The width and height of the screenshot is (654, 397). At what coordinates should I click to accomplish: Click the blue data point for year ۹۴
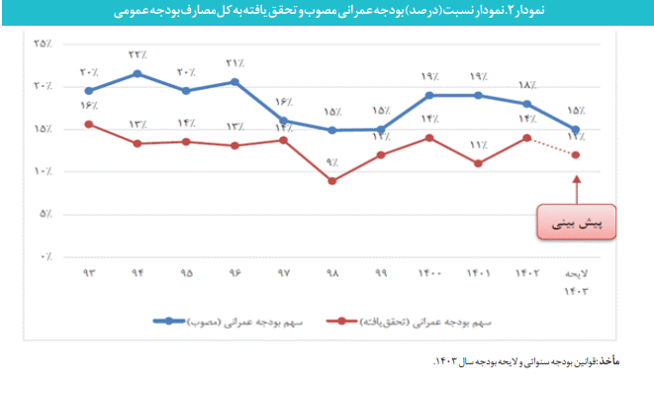pos(138,73)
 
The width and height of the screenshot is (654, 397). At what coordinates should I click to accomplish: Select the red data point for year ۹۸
pos(332,181)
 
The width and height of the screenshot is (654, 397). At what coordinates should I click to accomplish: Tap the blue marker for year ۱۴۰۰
pos(429,95)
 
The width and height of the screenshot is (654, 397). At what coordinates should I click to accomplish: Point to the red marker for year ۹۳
pos(89,124)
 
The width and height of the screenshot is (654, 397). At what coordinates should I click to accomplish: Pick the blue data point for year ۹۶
pos(234,81)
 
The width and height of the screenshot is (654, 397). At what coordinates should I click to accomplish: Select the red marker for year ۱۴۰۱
pos(478,163)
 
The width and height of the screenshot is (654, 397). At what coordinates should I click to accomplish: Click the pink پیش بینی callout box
pos(576,223)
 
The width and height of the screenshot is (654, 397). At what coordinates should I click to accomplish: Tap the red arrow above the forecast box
pos(576,188)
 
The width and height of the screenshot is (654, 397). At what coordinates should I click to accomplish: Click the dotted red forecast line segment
pos(552,147)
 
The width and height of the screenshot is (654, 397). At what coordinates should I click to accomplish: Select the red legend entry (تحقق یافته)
pos(405,322)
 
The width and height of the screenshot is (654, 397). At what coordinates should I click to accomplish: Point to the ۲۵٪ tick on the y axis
pos(43,44)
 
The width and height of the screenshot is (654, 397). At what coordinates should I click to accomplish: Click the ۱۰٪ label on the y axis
pos(43,171)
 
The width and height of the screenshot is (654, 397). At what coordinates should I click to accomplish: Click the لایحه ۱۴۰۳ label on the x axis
pos(576,281)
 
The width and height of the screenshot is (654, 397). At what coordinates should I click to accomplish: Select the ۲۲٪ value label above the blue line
pos(138,54)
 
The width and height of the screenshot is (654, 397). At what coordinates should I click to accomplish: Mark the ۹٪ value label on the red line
pos(332,161)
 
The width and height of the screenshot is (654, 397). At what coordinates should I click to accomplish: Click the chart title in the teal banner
pos(327,14)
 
